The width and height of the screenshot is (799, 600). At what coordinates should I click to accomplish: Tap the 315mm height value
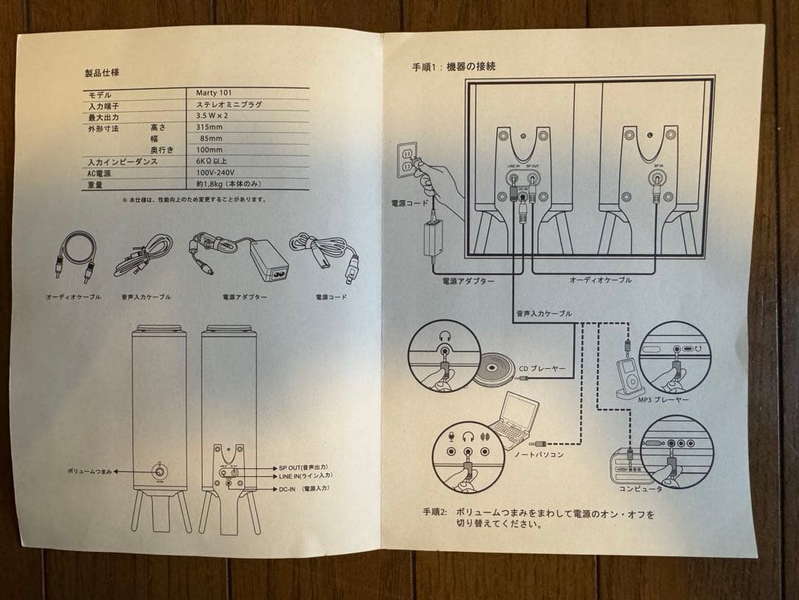coord(209,127)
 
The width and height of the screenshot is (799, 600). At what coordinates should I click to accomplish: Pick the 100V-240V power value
coord(216,173)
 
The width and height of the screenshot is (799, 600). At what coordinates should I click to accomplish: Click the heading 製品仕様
coord(102,73)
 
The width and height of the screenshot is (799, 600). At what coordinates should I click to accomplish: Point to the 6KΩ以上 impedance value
coord(211,161)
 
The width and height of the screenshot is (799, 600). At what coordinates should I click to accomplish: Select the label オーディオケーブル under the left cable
coord(73,296)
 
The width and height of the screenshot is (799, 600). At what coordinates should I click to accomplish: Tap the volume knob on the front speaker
coord(159,471)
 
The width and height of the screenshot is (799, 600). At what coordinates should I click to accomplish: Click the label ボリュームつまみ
coord(90,471)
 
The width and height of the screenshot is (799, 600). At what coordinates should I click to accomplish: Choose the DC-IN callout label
coord(293,489)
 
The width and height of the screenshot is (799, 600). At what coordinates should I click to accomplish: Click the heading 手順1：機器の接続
coord(454,67)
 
